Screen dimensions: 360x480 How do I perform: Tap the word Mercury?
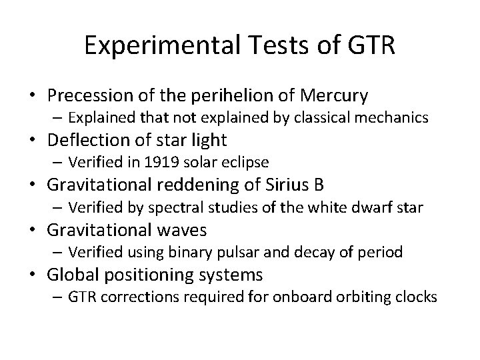335,96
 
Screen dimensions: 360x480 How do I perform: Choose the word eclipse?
247,162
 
